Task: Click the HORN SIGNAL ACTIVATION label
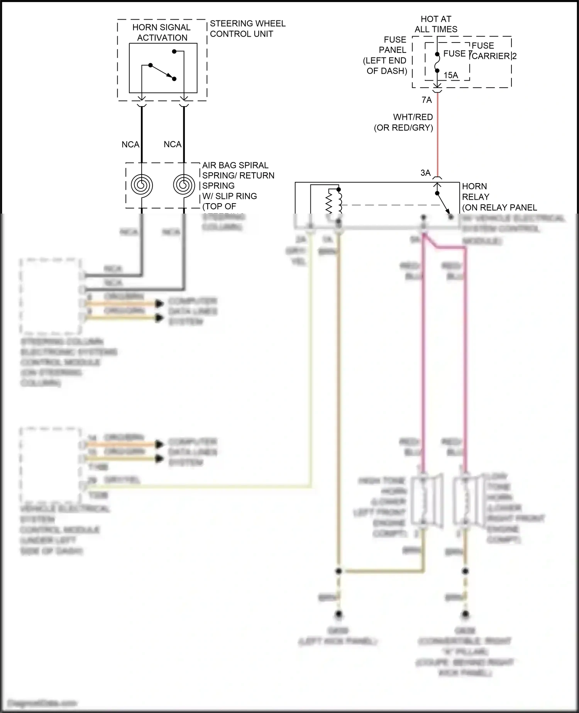click(162, 32)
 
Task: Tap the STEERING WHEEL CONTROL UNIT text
click(247, 29)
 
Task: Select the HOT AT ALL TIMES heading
click(436, 24)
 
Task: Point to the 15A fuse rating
click(450, 75)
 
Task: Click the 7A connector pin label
click(427, 100)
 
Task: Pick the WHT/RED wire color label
click(413, 117)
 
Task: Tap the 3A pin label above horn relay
click(425, 173)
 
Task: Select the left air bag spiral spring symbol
click(142, 185)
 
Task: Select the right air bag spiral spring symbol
click(184, 185)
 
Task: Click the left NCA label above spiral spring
click(130, 144)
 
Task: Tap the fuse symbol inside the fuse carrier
click(437, 63)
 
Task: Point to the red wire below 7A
click(437, 135)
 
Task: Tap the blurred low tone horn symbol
click(467, 501)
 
